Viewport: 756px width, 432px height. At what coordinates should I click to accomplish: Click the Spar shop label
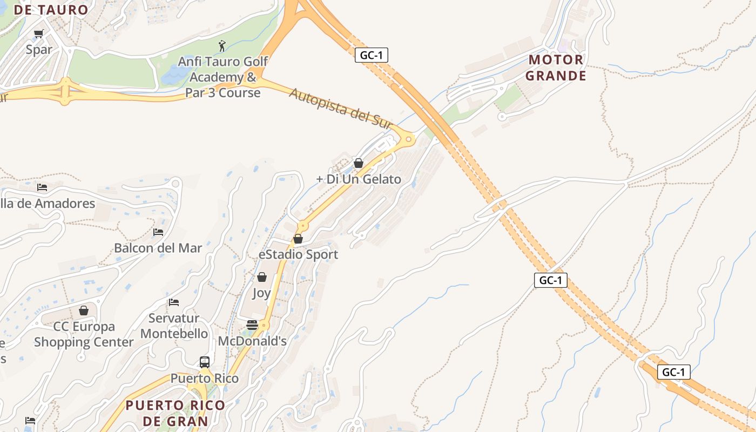coord(39,50)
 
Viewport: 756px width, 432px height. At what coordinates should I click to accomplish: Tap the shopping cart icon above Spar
coord(38,34)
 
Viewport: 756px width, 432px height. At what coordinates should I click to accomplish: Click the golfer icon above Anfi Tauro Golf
coord(221,45)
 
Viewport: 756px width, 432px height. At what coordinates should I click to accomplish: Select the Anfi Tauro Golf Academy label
coord(222,77)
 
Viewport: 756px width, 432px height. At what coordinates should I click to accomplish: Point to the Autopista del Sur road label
coord(340,109)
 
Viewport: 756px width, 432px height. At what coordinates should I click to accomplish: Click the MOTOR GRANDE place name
coord(556,67)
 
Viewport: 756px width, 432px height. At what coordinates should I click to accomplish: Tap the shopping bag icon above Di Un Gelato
coord(358,163)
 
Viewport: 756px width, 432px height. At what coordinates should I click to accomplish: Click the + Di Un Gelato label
coord(358,179)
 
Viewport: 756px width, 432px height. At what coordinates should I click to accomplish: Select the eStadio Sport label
coord(298,254)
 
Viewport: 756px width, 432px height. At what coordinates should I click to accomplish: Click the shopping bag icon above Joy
coord(262,277)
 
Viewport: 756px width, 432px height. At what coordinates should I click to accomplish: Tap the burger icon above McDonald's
coord(252,325)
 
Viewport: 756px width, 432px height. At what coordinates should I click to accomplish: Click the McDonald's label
coord(252,341)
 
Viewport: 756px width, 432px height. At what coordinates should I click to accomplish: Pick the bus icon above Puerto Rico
coord(204,362)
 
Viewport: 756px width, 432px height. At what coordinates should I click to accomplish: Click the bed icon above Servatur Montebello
coord(174,302)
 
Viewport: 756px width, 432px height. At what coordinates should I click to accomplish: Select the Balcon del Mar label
coord(158,248)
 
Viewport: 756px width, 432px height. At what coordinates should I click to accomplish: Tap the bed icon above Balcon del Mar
coord(158,232)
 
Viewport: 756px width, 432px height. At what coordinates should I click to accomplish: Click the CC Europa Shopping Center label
coord(84,334)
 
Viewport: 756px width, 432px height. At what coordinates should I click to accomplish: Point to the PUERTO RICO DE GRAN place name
coord(175,413)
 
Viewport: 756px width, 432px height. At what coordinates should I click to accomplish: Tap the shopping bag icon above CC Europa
coord(84,310)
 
